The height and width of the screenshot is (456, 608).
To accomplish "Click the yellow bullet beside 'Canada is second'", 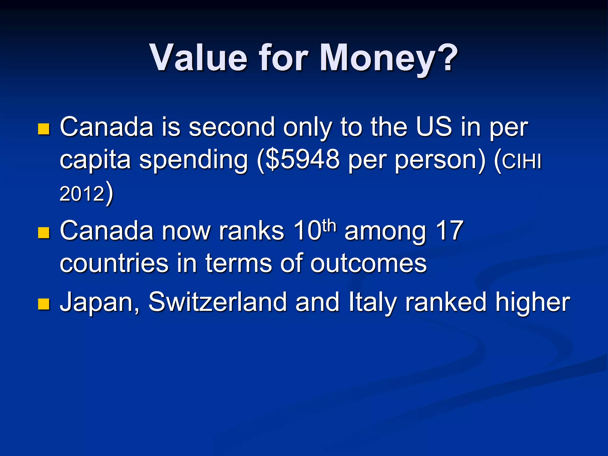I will point(44,129).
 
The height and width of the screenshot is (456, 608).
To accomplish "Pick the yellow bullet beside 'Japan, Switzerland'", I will point(44,304).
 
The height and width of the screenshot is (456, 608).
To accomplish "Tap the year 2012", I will point(82,194).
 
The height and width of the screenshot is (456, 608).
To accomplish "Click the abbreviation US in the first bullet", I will point(434,127).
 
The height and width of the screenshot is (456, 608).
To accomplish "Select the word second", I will point(232,127).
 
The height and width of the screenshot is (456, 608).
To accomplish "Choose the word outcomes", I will point(368,263).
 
